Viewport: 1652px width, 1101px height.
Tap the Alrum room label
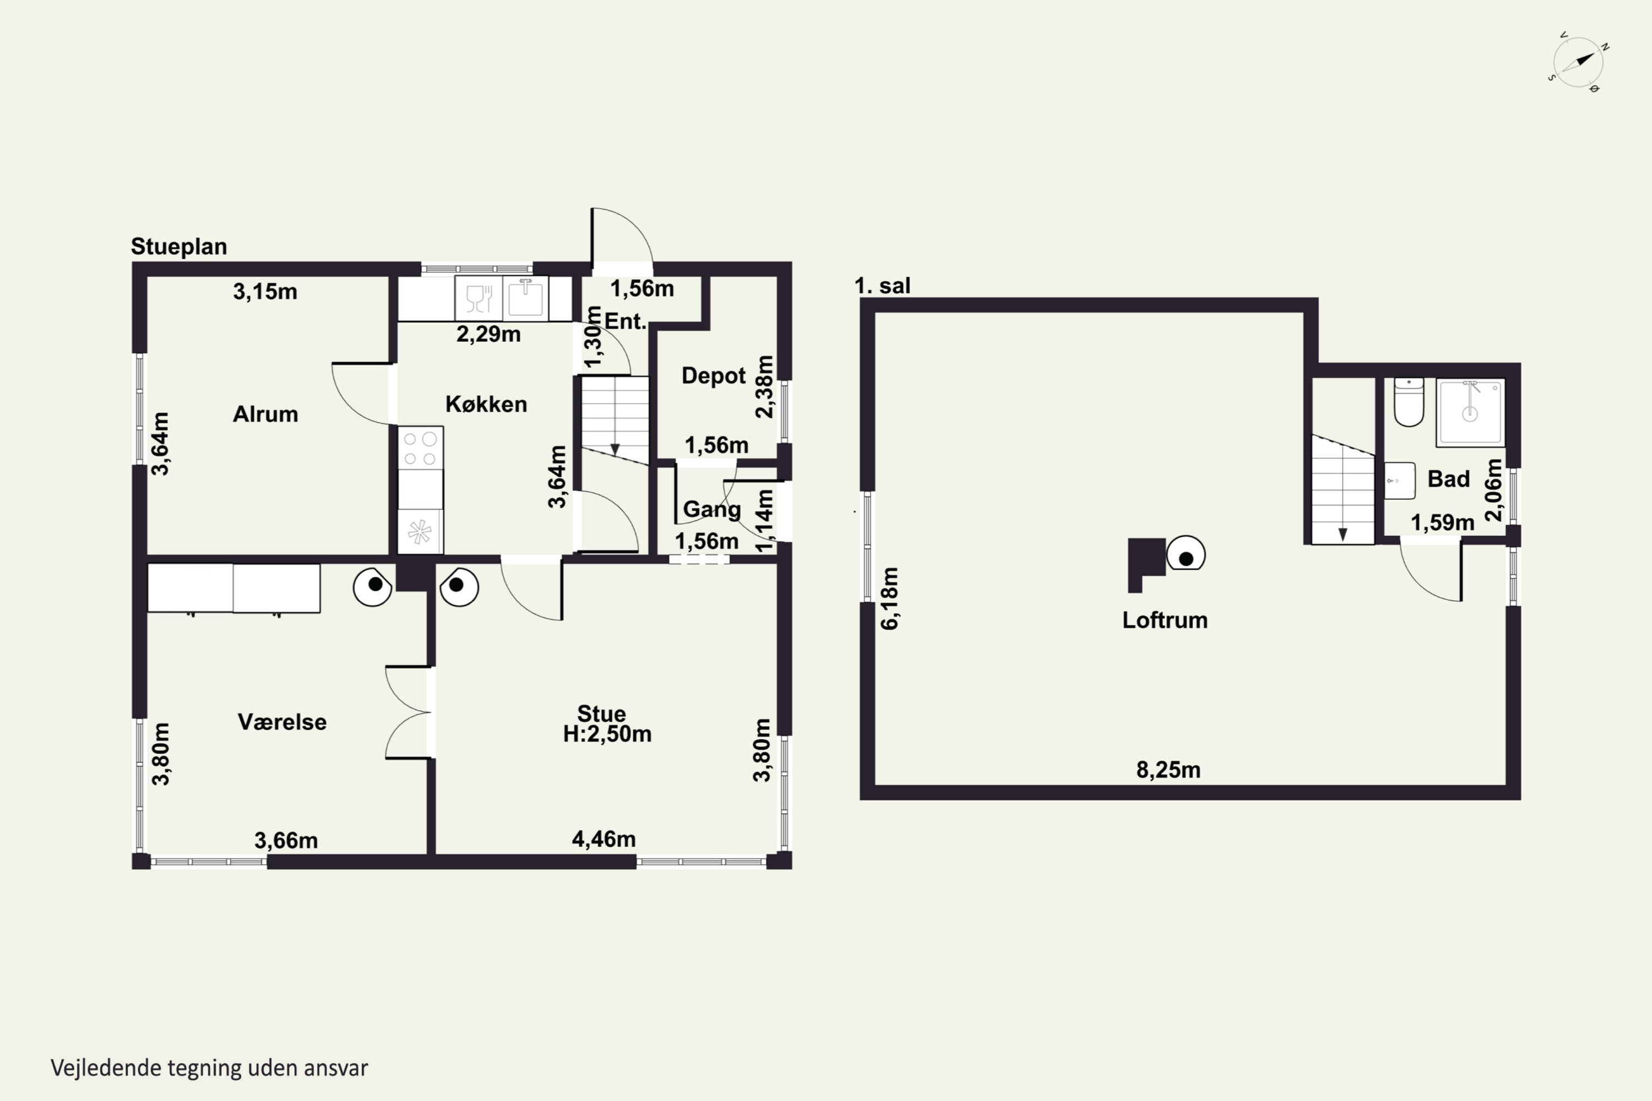point(265,415)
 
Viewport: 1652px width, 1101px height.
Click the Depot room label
point(714,375)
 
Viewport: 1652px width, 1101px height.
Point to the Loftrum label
point(1165,620)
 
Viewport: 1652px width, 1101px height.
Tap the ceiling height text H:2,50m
point(607,734)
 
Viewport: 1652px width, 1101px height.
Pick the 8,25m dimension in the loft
point(1168,770)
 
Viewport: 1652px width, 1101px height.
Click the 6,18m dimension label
point(889,599)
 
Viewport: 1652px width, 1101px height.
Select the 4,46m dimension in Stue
point(604,839)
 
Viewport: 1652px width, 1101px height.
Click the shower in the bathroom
point(1470,412)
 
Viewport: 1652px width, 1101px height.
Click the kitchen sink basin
point(525,298)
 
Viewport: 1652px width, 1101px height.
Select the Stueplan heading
point(178,247)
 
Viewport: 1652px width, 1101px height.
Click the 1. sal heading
point(882,286)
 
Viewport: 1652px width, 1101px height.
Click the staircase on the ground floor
point(615,419)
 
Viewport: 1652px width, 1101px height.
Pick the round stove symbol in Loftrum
point(1186,554)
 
